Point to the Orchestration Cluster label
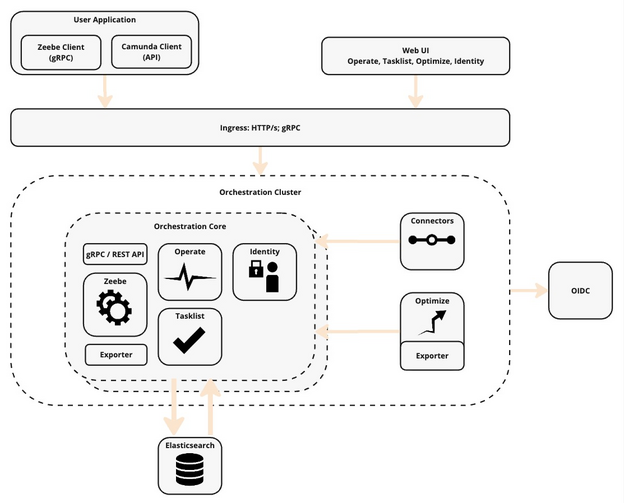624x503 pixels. click(x=260, y=192)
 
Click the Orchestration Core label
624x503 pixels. click(x=190, y=226)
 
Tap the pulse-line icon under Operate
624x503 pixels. click(x=190, y=279)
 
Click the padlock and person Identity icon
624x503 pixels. click(x=264, y=277)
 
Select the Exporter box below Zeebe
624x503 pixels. click(x=117, y=354)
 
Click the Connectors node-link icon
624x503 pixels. click(x=433, y=242)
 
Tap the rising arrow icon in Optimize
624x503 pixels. click(x=433, y=322)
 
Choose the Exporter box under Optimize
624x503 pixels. click(x=433, y=355)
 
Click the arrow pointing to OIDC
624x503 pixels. click(x=528, y=291)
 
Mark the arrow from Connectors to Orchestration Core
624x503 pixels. click(x=357, y=241)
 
